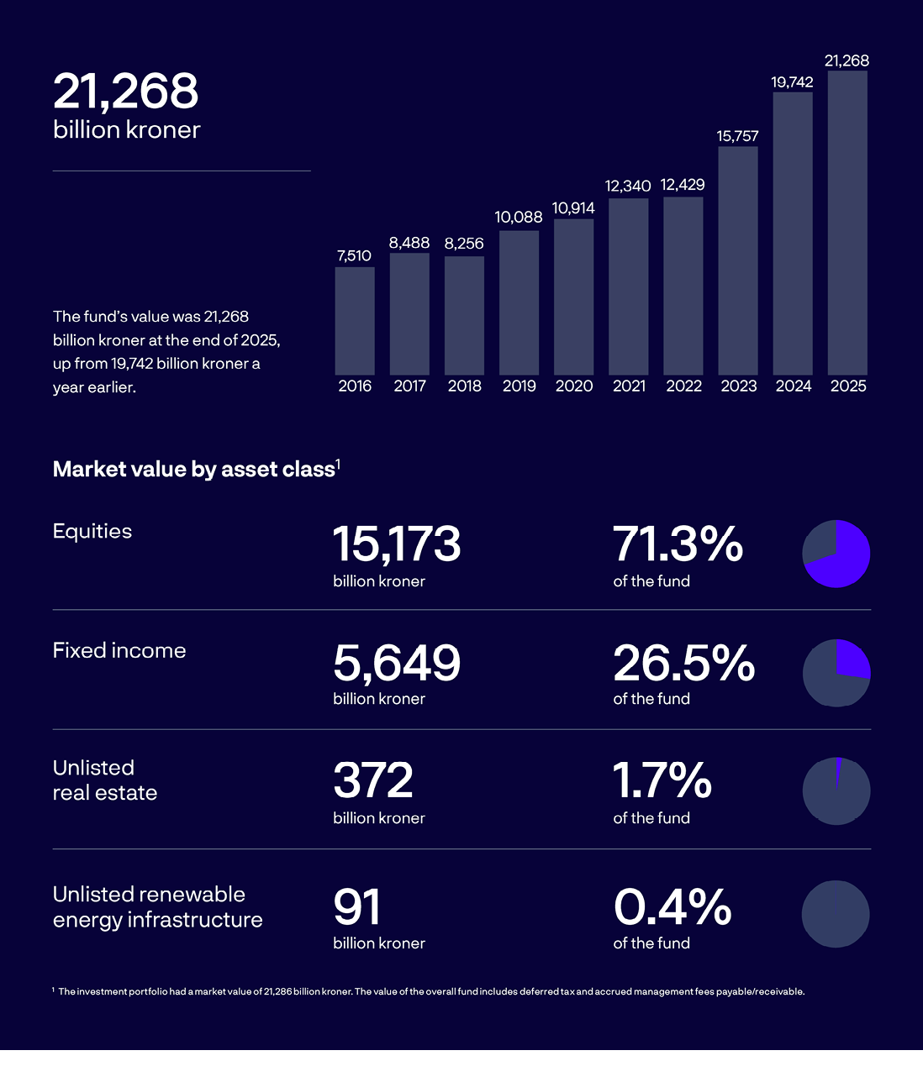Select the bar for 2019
(x=519, y=302)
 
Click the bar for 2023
(x=738, y=260)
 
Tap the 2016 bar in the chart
(x=355, y=321)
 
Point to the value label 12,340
(x=628, y=186)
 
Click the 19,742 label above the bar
(x=792, y=81)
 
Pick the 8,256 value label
(x=464, y=244)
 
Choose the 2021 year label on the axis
(x=629, y=386)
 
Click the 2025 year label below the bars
(x=848, y=386)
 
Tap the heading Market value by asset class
(x=193, y=469)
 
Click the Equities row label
(x=92, y=531)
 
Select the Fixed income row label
(x=119, y=650)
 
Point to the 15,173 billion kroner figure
(x=397, y=544)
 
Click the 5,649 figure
(x=397, y=663)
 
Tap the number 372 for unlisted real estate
(x=373, y=781)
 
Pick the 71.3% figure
(x=678, y=544)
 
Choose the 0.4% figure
(x=672, y=907)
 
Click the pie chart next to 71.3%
(x=836, y=554)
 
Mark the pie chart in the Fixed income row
(x=836, y=672)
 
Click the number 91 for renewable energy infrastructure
(x=357, y=907)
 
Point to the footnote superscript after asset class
(x=338, y=462)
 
